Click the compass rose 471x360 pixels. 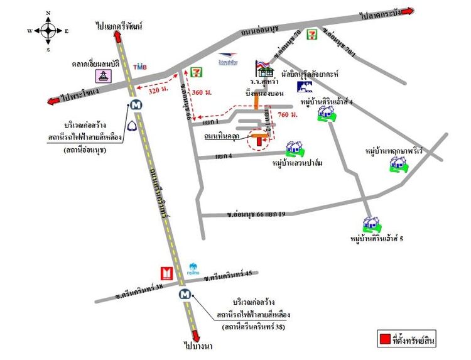pyautogui.click(x=48, y=30)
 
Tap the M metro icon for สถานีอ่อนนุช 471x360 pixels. pyautogui.click(x=136, y=106)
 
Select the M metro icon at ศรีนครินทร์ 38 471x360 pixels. pyautogui.click(x=184, y=293)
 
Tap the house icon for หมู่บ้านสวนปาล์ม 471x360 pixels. pyautogui.click(x=293, y=149)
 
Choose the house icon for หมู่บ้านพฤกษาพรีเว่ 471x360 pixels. pyautogui.click(x=397, y=165)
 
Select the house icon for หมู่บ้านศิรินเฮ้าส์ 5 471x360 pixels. pyautogui.click(x=369, y=224)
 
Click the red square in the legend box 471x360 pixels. pyautogui.click(x=384, y=340)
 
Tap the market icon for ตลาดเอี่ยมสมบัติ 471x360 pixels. pyautogui.click(x=104, y=77)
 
